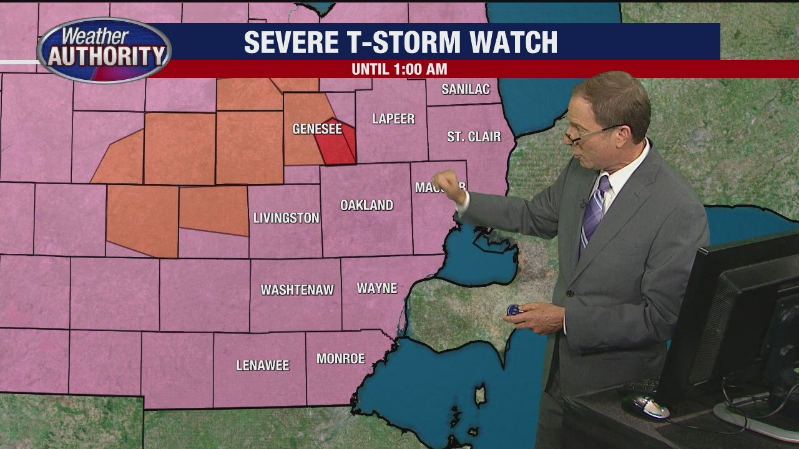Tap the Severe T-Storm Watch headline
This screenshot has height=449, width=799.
click(x=400, y=42)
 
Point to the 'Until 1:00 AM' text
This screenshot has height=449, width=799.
click(x=399, y=69)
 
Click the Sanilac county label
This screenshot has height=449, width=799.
click(x=465, y=89)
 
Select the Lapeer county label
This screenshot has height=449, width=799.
click(x=393, y=118)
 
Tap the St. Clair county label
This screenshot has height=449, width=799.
click(x=474, y=137)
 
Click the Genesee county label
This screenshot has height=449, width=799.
click(x=317, y=129)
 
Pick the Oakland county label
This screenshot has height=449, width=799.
click(x=366, y=205)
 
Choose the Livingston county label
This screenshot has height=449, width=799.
click(x=286, y=218)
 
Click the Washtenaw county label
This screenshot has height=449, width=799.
click(x=297, y=290)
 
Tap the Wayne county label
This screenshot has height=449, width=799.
click(x=377, y=288)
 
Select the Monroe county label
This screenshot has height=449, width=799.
click(x=340, y=359)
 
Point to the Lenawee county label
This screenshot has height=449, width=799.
click(x=263, y=365)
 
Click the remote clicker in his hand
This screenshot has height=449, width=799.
click(x=514, y=310)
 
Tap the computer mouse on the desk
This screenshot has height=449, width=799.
click(x=645, y=407)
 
